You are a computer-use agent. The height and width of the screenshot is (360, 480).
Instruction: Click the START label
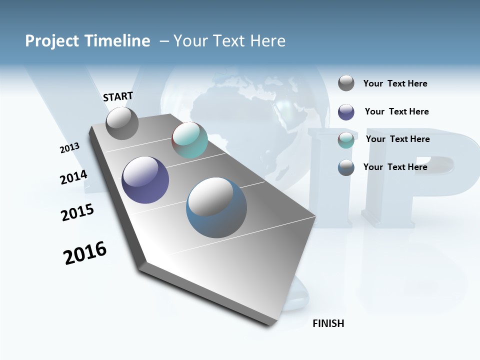tap(118, 96)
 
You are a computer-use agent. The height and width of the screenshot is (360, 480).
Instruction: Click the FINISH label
tap(328, 323)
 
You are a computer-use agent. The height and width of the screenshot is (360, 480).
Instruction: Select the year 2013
tap(69, 147)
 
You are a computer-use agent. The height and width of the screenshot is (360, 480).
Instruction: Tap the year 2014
tap(73, 177)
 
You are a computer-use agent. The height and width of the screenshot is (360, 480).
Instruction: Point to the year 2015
tap(77, 212)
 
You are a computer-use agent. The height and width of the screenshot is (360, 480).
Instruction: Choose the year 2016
tap(85, 253)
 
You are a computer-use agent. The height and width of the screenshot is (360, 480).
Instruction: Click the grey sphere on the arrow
tap(122, 123)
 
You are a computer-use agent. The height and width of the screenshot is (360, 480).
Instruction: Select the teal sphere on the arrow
tap(189, 140)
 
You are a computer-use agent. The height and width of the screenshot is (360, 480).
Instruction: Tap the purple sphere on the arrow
tap(145, 180)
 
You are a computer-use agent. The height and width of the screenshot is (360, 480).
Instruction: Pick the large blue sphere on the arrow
tap(216, 207)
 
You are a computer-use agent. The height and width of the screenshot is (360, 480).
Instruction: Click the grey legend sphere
tap(346, 83)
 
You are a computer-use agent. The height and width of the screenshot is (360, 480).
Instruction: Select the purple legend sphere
tap(346, 112)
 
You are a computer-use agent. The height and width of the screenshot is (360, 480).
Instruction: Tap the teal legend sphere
tap(346, 140)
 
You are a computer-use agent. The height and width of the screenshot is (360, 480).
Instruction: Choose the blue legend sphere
tap(346, 167)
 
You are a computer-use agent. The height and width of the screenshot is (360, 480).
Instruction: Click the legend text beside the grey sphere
tap(395, 84)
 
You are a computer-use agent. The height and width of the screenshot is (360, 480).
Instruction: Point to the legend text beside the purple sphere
tap(396, 111)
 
